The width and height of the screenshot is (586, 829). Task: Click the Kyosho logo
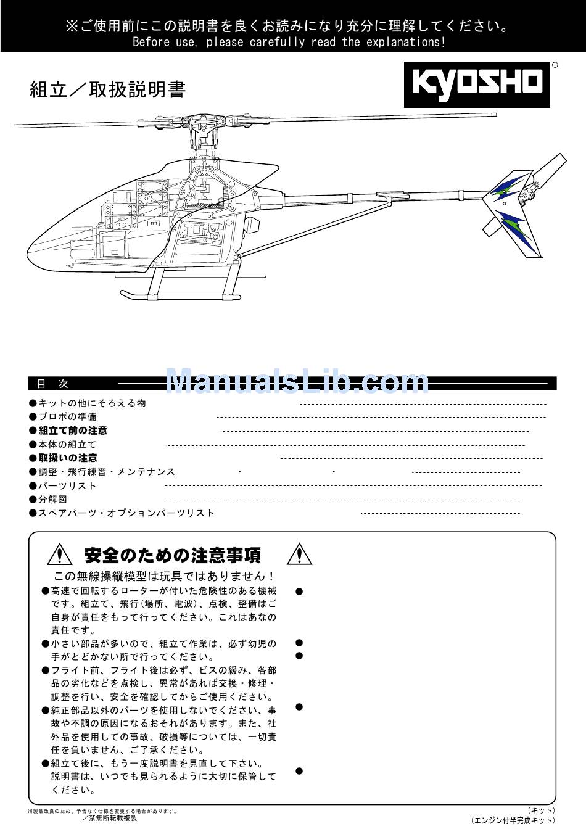(x=477, y=85)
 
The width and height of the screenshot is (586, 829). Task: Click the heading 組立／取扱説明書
(x=107, y=90)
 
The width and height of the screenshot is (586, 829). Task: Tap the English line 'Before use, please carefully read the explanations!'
(x=289, y=43)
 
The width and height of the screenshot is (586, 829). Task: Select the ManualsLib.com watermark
(x=297, y=382)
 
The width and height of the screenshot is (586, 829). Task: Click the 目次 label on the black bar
(x=53, y=384)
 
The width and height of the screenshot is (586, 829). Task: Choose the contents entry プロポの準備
(x=67, y=417)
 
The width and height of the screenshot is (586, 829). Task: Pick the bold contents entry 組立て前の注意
(x=73, y=431)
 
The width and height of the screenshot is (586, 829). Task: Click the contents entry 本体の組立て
(x=67, y=444)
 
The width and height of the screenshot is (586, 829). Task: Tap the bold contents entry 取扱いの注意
(x=68, y=458)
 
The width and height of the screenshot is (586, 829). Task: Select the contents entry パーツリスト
(x=67, y=485)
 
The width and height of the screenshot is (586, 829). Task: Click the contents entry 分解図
(x=52, y=499)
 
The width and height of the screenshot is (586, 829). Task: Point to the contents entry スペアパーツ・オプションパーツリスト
(x=126, y=513)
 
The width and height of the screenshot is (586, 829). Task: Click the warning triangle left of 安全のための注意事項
(x=60, y=555)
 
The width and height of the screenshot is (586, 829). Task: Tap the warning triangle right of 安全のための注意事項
(x=299, y=555)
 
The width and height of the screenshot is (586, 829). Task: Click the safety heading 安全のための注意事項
(x=173, y=555)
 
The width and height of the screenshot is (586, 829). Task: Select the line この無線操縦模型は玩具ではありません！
(x=164, y=576)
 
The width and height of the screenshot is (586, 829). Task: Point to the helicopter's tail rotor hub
(x=525, y=196)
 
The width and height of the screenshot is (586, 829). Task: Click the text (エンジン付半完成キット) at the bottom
(x=513, y=820)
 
